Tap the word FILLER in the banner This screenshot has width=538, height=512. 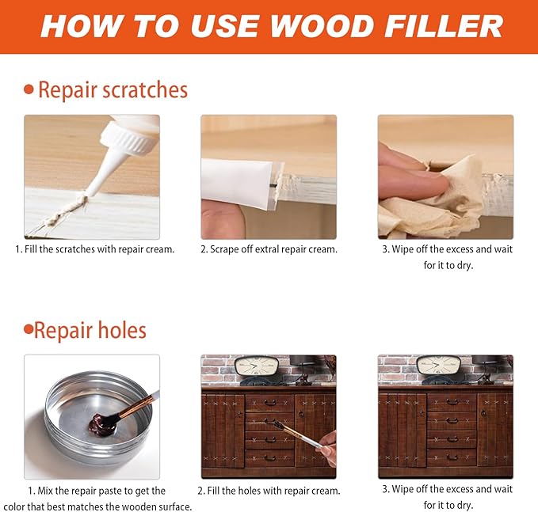[x=444, y=26]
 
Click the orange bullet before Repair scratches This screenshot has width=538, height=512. [x=29, y=89]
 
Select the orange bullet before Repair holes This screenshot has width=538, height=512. [x=29, y=330]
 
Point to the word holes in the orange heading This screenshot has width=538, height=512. [x=122, y=330]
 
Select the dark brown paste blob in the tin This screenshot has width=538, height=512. [x=103, y=424]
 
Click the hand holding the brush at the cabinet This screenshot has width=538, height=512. [x=328, y=449]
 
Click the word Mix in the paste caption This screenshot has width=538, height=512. [x=45, y=491]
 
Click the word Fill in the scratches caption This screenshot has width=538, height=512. [x=31, y=249]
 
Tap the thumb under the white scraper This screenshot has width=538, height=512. [x=223, y=219]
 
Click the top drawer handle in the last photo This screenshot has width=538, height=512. [x=452, y=402]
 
